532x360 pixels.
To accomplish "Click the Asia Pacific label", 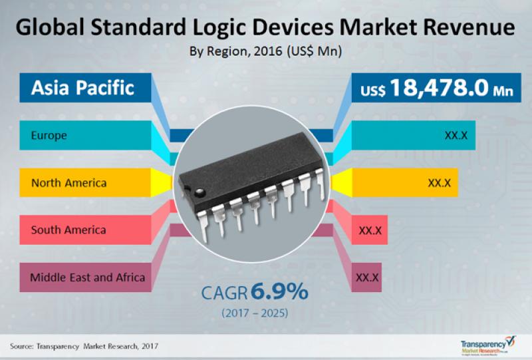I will coord(82,87).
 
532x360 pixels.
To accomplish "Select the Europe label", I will coord(49,136).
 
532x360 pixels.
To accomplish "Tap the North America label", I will coord(68,183).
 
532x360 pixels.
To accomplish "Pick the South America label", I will coord(68,230).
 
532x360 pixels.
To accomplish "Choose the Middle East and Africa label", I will coord(87,277).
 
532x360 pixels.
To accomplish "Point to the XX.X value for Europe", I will coord(456,136).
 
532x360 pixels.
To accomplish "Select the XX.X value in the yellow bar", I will coord(440,183).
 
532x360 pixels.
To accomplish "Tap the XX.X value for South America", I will coord(369,230).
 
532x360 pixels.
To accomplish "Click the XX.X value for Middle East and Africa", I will coord(367,277).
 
